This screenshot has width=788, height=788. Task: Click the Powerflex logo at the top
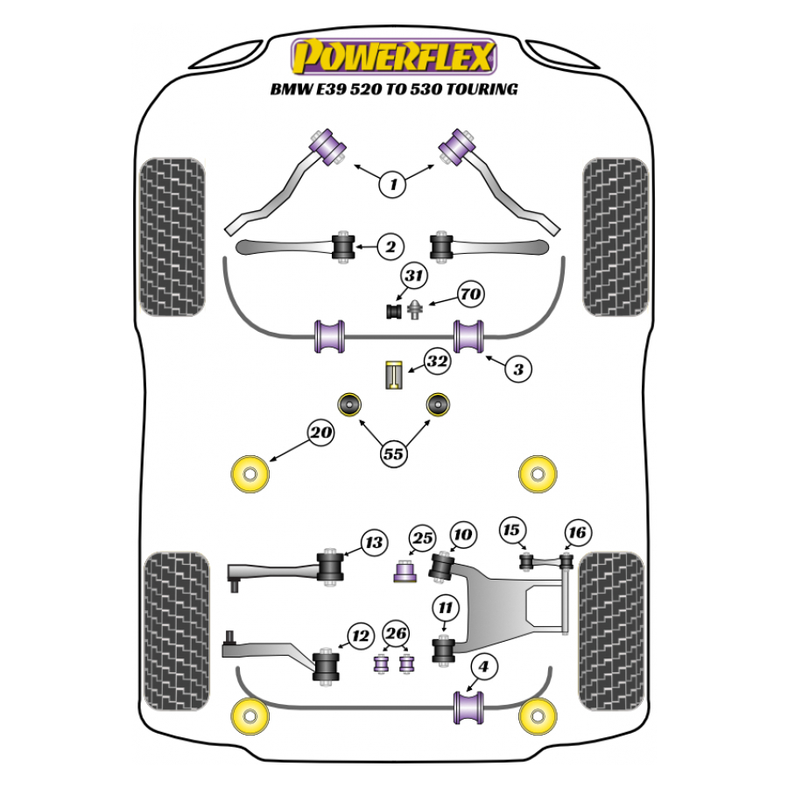pos(394,55)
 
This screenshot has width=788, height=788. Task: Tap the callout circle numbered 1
pos(394,184)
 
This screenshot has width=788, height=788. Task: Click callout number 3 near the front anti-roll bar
pos(518,369)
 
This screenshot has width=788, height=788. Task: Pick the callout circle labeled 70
pos(470,295)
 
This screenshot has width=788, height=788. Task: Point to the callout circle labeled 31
pos(413,278)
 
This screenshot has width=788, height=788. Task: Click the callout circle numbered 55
pos(394,454)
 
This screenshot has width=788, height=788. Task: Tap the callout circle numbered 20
pos(321,431)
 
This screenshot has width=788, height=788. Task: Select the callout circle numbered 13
pos(374,543)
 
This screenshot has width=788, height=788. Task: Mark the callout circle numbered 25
pos(423,538)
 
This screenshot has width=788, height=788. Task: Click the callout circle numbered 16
pos(578,532)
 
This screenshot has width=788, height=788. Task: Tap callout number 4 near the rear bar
pos(482,667)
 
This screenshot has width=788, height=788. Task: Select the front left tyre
pos(172,236)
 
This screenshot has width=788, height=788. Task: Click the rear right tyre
pos(613,630)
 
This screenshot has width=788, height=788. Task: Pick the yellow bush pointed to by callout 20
pos(249,475)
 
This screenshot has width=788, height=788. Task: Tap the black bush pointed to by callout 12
pos(327,668)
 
